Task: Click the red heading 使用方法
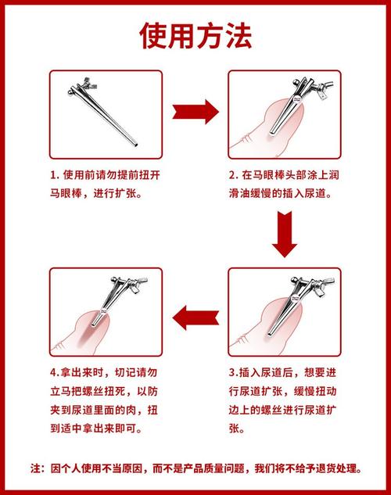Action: click(x=195, y=36)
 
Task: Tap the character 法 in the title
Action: click(x=238, y=36)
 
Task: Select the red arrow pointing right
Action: click(x=195, y=112)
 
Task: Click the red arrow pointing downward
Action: click(x=285, y=234)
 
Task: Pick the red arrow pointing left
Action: click(x=195, y=318)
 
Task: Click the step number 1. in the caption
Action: click(x=55, y=175)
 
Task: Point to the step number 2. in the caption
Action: click(x=234, y=175)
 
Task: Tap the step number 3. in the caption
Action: click(x=234, y=373)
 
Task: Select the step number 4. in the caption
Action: click(x=55, y=373)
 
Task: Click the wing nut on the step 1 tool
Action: click(x=88, y=84)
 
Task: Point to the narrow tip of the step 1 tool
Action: click(x=136, y=145)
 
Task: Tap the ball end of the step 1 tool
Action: click(x=70, y=92)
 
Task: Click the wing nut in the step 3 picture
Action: click(x=322, y=285)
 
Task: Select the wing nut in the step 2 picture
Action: click(x=322, y=89)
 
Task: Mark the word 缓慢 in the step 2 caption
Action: click(x=261, y=193)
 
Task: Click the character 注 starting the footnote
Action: click(x=36, y=468)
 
